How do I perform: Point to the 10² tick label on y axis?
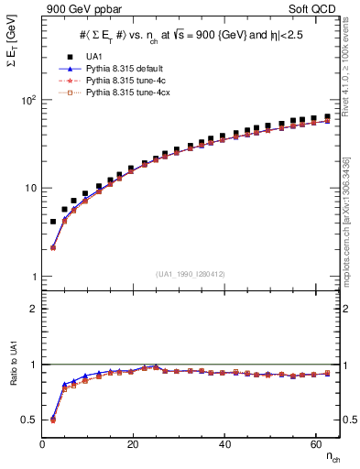(28, 100)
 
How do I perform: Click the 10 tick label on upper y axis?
(30, 189)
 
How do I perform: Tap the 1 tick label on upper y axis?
(33, 277)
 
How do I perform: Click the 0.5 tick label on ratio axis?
(29, 420)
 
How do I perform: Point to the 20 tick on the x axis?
(133, 444)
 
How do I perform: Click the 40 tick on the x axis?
(224, 444)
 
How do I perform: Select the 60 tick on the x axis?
(314, 444)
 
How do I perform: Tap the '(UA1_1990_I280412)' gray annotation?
(191, 274)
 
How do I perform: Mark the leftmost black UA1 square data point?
(52, 222)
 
